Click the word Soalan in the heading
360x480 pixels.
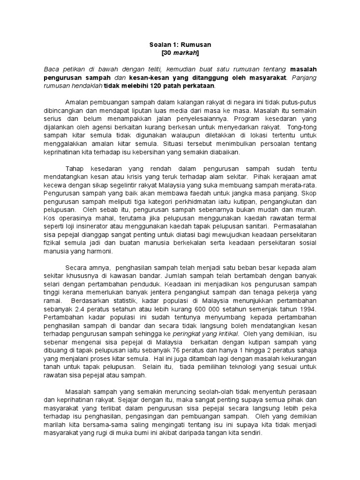(159, 45)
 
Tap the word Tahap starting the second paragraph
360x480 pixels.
(75, 168)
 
